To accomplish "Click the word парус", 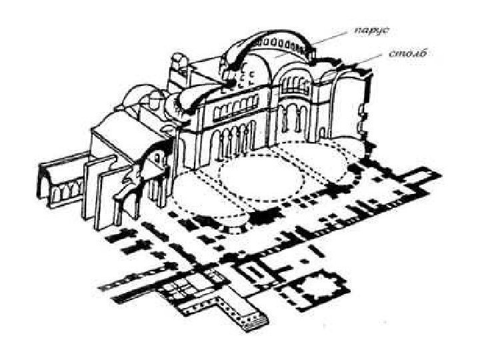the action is tap(372, 30).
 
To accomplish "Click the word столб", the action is tap(406, 53).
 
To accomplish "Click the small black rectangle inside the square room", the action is tap(255, 270).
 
